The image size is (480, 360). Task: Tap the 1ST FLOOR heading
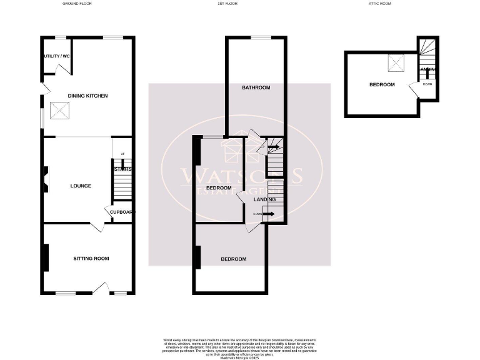(x=228, y=4)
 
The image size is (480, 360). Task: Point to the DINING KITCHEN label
(x=88, y=96)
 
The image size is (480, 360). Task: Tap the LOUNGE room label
(x=81, y=186)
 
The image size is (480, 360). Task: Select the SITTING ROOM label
(x=91, y=258)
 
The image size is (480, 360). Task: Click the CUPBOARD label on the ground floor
(x=121, y=212)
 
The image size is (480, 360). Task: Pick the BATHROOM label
(x=256, y=87)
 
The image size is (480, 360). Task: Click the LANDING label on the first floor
(x=265, y=199)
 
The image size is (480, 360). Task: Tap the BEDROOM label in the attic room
(x=381, y=84)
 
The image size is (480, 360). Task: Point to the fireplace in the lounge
(x=45, y=177)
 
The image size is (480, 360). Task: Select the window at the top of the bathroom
(x=261, y=38)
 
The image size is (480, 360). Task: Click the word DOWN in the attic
(x=427, y=84)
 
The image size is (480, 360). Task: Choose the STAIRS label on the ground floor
(x=122, y=169)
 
